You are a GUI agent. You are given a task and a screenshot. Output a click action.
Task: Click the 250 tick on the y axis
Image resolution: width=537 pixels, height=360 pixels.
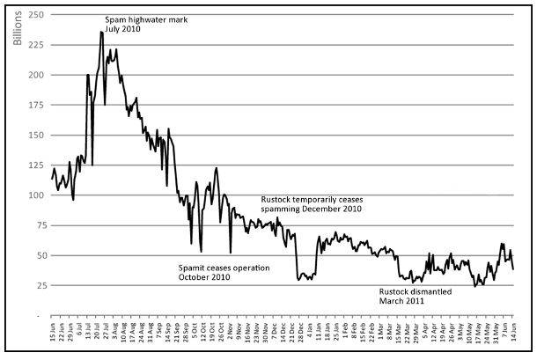click(x=35, y=15)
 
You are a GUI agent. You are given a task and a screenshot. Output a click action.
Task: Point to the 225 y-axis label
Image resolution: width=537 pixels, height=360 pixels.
click(x=35, y=45)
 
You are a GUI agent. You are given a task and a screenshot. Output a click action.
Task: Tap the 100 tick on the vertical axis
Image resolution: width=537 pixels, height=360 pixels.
click(x=35, y=195)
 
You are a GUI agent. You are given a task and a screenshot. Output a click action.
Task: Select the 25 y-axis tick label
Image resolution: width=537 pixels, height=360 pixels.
click(x=38, y=284)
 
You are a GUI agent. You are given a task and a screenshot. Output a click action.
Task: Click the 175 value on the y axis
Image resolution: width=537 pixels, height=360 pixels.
click(x=35, y=105)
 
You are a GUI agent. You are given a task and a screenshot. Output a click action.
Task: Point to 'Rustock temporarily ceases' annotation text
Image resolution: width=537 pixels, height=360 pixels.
click(x=312, y=200)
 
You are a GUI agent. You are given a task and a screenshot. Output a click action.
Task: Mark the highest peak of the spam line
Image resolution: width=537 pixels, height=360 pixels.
click(x=102, y=33)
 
